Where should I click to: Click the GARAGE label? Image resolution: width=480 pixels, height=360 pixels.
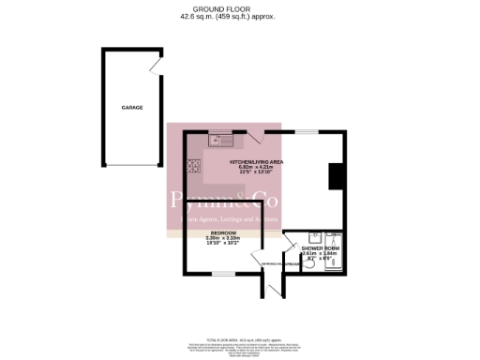[x=131, y=108]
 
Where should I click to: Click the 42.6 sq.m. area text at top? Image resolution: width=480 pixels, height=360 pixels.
[x=210, y=17]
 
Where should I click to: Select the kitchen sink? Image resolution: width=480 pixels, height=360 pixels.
[x=221, y=142]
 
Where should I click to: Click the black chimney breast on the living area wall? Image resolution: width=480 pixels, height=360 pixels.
[x=336, y=177]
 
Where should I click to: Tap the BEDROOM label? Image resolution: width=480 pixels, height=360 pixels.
[x=223, y=232]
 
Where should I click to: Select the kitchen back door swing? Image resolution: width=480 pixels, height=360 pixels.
[x=255, y=138]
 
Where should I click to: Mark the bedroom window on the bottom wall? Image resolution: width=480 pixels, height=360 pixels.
[x=223, y=273]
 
